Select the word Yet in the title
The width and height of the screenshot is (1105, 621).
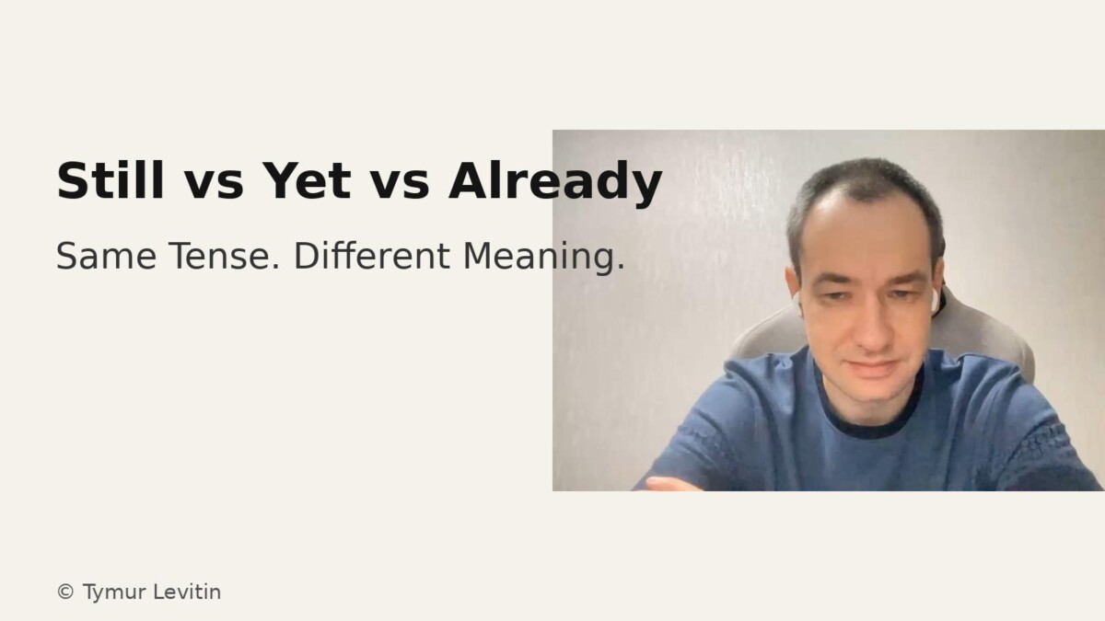click(306, 180)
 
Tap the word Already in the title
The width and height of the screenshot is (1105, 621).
click(555, 182)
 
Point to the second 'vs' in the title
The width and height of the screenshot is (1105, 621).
click(400, 182)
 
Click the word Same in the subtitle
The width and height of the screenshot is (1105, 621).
click(103, 257)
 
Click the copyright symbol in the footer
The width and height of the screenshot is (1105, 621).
click(65, 592)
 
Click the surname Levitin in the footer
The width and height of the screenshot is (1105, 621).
click(187, 592)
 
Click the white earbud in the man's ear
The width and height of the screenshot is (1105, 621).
click(934, 299)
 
